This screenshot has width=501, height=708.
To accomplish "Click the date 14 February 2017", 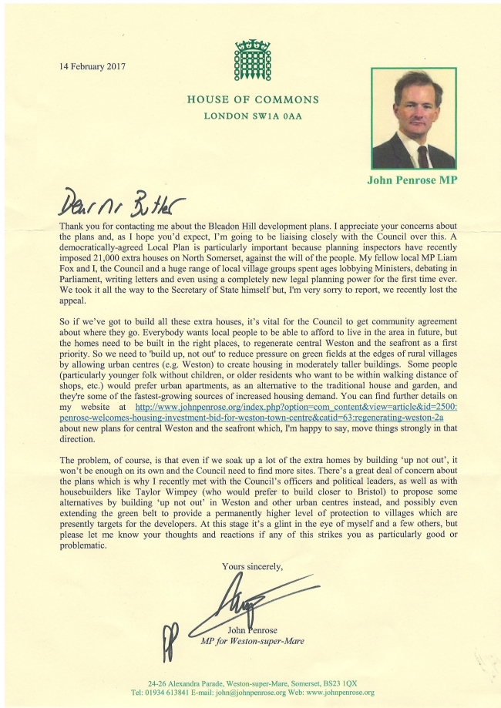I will coord(93,65).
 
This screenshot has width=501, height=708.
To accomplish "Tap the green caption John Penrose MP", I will coord(416,184).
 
